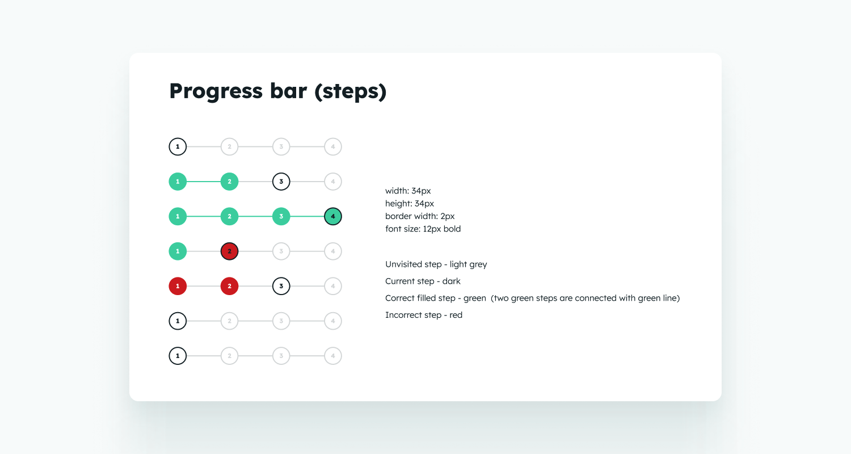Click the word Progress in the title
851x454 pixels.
[x=216, y=91]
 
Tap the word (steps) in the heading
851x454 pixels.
[x=350, y=91]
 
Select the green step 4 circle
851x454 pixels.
[x=333, y=217]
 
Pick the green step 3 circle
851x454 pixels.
[x=281, y=217]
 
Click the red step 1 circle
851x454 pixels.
[x=178, y=286]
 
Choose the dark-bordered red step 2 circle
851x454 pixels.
[x=229, y=251]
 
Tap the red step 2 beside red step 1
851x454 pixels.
[x=229, y=286]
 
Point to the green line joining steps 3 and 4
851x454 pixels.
[x=307, y=217]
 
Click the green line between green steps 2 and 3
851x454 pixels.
[x=255, y=217]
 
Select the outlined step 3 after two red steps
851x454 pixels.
[x=281, y=286]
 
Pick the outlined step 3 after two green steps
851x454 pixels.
[x=281, y=182]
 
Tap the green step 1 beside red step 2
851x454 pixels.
[x=178, y=251]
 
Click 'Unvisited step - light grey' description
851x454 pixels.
[x=436, y=264]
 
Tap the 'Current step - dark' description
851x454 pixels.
[x=423, y=281]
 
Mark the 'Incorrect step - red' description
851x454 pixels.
[x=424, y=315]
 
